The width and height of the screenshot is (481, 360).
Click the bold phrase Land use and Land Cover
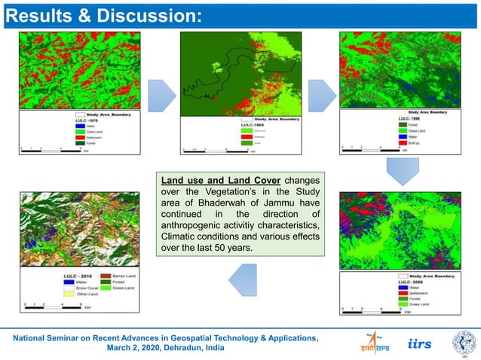click(x=221, y=182)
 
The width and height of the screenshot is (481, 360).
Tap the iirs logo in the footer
click(x=419, y=343)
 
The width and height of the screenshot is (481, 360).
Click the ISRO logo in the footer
click(x=374, y=343)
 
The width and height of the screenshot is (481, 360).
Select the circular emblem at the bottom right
click(x=464, y=343)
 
